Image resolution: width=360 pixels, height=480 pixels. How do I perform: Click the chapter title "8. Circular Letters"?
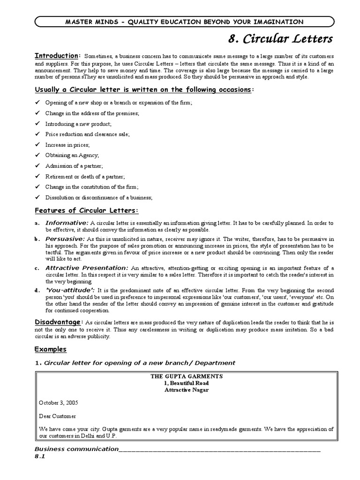click(x=280, y=37)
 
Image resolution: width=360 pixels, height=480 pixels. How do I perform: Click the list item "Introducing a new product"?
click(x=78, y=124)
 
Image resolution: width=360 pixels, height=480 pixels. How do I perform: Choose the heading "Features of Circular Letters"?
click(x=87, y=210)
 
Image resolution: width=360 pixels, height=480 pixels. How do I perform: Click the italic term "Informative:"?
click(x=67, y=223)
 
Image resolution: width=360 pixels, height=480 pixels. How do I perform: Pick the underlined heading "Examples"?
click(x=51, y=349)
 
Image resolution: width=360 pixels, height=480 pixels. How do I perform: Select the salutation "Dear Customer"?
click(x=57, y=416)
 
